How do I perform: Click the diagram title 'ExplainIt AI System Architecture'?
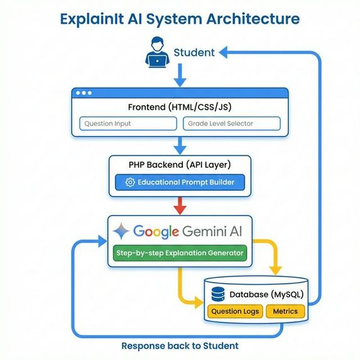[x=180, y=18]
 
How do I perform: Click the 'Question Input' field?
[x=129, y=124]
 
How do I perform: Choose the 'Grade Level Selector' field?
[x=231, y=124]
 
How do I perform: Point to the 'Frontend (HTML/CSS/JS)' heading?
[x=180, y=107]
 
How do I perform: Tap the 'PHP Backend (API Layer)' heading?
[x=179, y=165]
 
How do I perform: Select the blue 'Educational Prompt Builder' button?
[x=180, y=182]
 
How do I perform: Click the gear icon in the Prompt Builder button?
[x=130, y=182]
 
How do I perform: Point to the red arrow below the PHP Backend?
[x=180, y=205]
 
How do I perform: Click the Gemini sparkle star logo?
[x=121, y=231]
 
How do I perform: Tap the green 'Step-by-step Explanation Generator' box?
[x=180, y=253]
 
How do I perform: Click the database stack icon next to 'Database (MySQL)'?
[x=219, y=294]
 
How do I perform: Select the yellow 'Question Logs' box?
[x=235, y=311]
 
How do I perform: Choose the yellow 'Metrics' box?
[x=285, y=311]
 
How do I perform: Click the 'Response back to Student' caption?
[x=180, y=346]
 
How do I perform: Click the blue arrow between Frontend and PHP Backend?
[x=180, y=146]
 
